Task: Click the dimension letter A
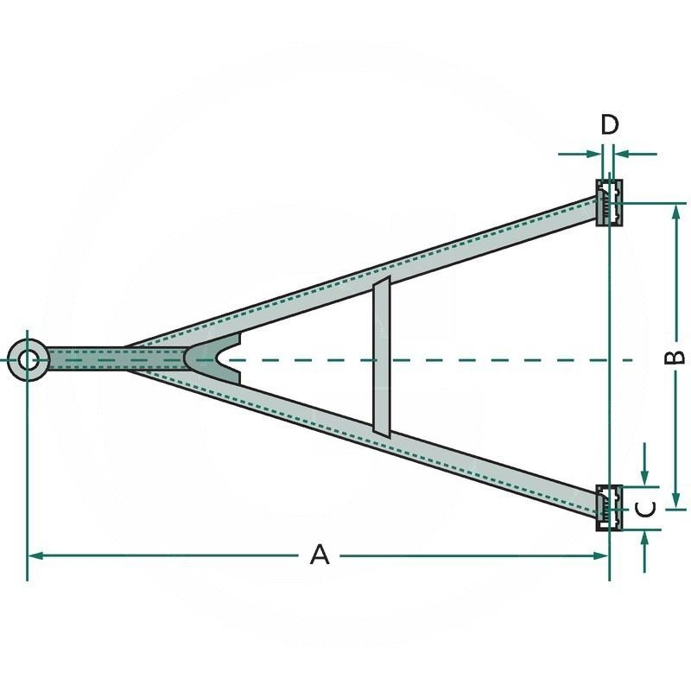[x=320, y=555]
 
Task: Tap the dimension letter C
[x=647, y=509]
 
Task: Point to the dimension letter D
[x=610, y=124]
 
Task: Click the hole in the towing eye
[x=29, y=358]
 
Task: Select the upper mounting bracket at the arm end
[x=609, y=203]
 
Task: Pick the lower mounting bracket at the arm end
[x=609, y=508]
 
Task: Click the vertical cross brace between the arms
[x=381, y=357]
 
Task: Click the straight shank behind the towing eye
[x=86, y=358]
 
